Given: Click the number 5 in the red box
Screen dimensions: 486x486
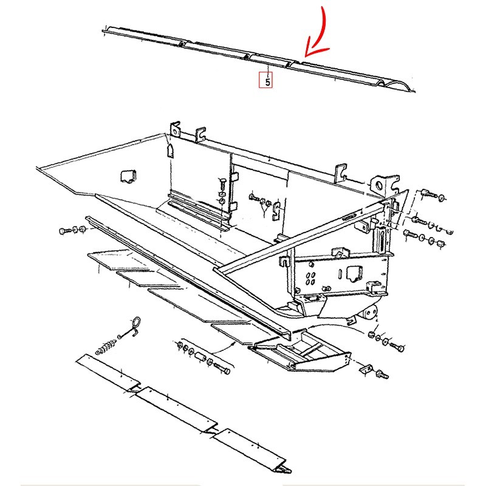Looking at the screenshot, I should click(x=265, y=80).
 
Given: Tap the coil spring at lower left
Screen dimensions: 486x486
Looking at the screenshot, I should click(x=107, y=347).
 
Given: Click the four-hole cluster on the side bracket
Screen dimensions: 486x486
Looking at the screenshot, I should click(x=310, y=278).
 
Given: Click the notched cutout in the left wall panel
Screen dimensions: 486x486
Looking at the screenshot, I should click(x=128, y=176).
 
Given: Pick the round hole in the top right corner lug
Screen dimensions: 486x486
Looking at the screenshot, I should click(x=380, y=182).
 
